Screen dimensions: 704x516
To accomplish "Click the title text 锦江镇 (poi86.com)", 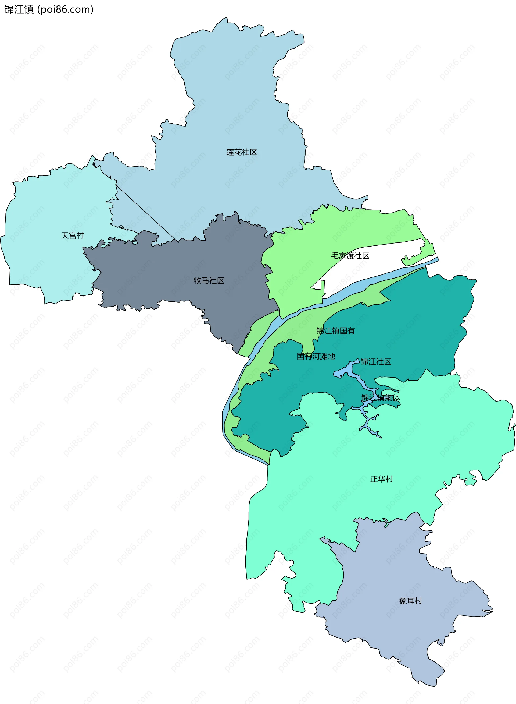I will tap(49, 9).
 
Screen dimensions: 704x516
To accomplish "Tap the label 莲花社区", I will tap(241, 152).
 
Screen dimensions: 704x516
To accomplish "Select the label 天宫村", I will tap(73, 235).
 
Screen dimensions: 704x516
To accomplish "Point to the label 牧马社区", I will tap(209, 280).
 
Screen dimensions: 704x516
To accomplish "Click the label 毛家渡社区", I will tap(350, 256).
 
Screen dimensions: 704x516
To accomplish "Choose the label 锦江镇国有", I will tap(335, 331).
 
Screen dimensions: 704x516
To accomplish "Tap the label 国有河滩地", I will tap(316, 356).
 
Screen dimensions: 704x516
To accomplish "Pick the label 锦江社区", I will tap(376, 362).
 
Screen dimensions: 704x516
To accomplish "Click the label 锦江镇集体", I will tap(381, 398).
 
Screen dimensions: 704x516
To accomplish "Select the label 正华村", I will tap(381, 479).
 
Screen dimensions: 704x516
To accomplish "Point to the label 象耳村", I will tap(410, 601).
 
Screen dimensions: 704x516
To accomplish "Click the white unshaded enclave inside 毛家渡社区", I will tap(375, 260).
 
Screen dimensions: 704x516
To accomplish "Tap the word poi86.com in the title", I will tap(65, 9).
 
